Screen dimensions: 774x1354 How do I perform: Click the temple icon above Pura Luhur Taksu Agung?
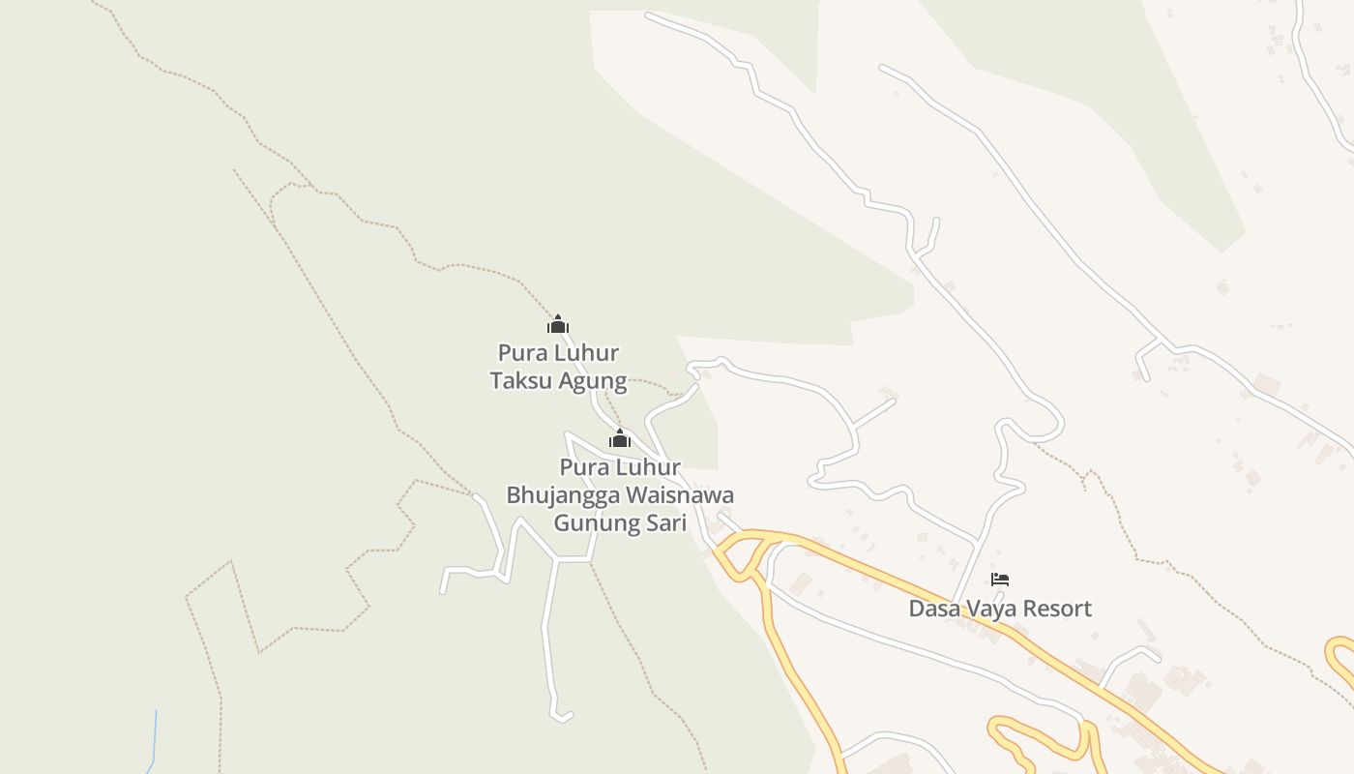pyautogui.click(x=558, y=324)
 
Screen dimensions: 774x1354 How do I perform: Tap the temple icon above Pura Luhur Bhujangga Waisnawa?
pyautogui.click(x=620, y=439)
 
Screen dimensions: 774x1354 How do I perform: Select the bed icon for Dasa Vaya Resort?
pyautogui.click(x=1000, y=580)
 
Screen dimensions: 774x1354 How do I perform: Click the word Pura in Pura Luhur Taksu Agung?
pyautogui.click(x=519, y=352)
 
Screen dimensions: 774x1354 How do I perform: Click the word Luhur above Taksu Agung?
pyautogui.click(x=586, y=352)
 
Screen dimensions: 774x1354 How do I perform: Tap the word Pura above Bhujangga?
pyautogui.click(x=582, y=467)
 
